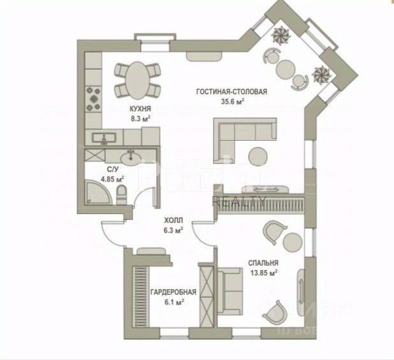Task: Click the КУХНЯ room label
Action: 140,109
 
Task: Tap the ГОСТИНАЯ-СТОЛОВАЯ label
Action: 231,91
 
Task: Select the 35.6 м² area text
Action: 233,101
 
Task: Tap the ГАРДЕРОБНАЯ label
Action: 173,292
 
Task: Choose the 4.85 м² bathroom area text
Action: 112,179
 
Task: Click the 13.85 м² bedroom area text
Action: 264,273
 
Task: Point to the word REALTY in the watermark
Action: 239,200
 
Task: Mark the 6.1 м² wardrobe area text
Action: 173,303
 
